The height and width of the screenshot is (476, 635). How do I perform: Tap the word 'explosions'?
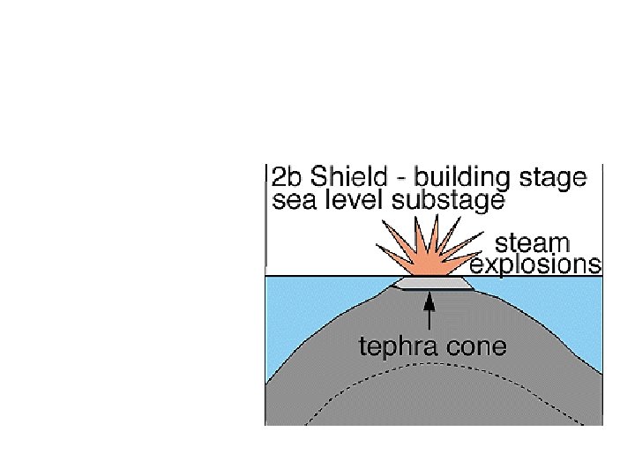tap(535, 264)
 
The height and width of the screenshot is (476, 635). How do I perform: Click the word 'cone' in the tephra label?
tap(480, 346)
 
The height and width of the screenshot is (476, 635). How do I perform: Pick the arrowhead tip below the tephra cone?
tap(429, 294)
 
